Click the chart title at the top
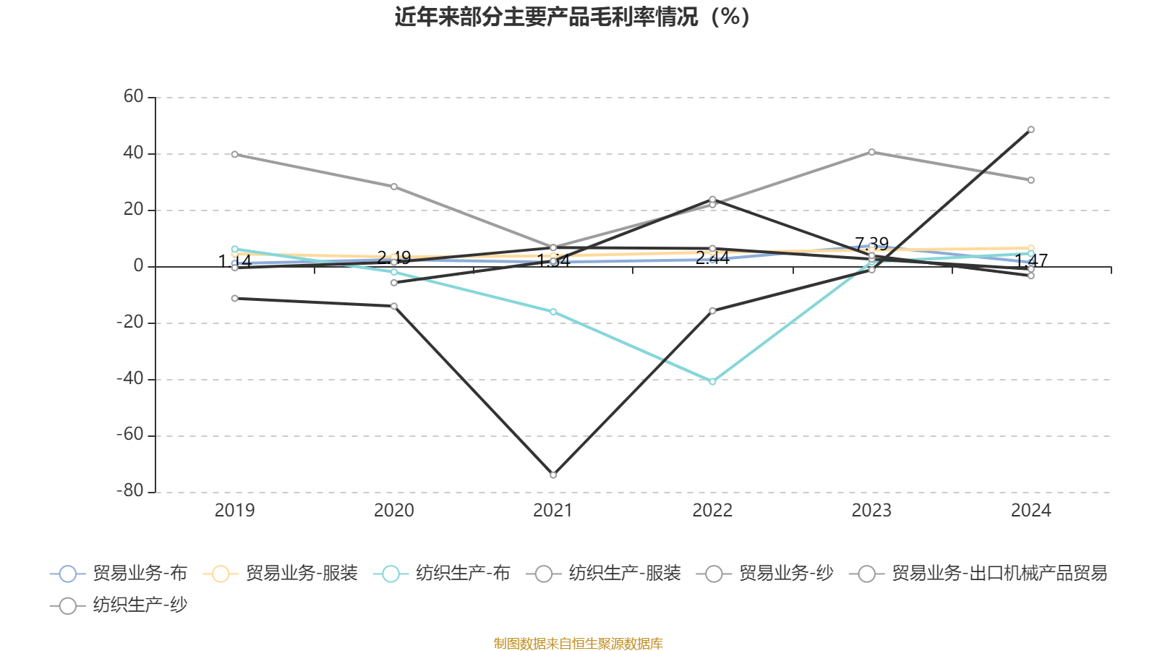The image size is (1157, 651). click(572, 17)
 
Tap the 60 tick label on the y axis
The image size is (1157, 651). click(133, 97)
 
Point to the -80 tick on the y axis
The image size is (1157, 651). click(130, 491)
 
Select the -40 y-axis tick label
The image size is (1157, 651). click(130, 378)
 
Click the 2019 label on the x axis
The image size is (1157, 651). click(234, 511)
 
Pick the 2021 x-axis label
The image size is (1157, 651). click(552, 511)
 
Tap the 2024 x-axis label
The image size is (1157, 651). click(1030, 511)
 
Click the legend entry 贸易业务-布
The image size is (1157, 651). click(119, 574)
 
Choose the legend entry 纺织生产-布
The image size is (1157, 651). click(442, 574)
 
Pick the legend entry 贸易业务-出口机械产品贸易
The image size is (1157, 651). click(978, 574)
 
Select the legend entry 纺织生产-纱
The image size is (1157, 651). click(119, 605)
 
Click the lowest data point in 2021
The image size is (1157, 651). click(553, 475)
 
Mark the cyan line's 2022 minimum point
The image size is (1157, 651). click(712, 381)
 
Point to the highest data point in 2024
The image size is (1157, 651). click(1031, 129)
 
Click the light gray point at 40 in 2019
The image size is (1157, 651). click(234, 154)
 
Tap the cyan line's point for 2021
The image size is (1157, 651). click(553, 312)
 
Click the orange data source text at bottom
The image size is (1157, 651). click(578, 643)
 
